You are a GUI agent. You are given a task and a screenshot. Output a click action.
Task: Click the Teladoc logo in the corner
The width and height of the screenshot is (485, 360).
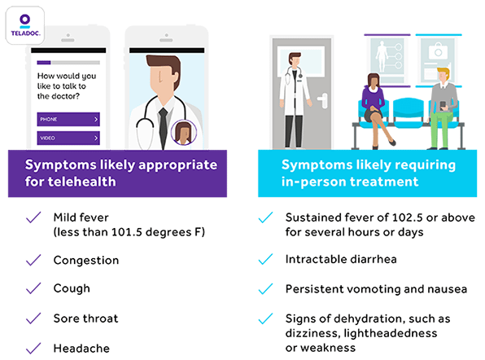(26, 26)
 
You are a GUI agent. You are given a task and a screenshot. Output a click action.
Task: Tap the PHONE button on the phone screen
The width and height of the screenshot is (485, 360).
(68, 119)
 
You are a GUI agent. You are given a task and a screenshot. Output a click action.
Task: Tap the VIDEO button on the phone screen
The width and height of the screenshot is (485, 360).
(68, 139)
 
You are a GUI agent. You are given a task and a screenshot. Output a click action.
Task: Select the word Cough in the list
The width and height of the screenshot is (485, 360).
(72, 288)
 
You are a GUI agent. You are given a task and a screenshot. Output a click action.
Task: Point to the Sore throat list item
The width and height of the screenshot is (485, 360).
(85, 318)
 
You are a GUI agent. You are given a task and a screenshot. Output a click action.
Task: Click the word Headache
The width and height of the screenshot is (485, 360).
(81, 347)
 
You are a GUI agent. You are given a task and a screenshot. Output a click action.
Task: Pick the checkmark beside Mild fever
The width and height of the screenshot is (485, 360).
(33, 217)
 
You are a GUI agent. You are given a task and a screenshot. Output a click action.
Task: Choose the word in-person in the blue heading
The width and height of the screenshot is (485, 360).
(313, 182)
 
